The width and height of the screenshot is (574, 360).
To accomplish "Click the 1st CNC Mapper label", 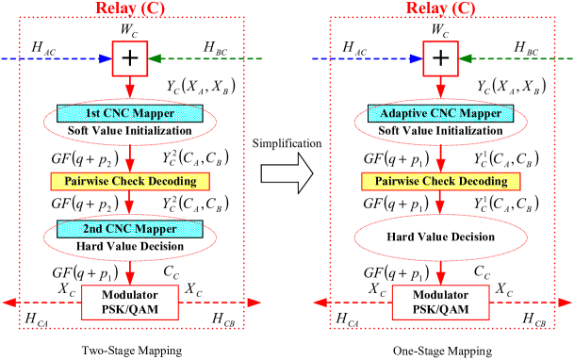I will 130,113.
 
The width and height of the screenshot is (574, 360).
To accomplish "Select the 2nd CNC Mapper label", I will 130,229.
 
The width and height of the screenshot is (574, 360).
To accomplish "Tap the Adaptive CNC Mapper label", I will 440,113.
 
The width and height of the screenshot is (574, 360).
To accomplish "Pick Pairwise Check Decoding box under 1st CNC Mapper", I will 130,181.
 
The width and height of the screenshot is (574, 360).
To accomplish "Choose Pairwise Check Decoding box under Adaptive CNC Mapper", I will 440,181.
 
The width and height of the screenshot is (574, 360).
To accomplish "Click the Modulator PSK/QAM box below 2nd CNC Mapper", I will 130,303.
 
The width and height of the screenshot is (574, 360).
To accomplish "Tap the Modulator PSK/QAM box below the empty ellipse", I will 440,303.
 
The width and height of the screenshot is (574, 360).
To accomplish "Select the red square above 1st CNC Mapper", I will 130,58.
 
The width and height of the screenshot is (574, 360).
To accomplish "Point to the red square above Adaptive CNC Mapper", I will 440,58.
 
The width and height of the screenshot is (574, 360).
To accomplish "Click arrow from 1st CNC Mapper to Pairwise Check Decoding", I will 130,156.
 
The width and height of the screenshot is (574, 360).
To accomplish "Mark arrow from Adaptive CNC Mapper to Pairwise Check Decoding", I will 440,156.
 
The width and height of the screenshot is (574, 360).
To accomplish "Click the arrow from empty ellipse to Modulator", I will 440,272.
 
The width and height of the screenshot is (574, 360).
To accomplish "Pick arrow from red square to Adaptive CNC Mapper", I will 440,87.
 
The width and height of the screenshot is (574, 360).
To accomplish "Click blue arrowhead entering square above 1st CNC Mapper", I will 106,58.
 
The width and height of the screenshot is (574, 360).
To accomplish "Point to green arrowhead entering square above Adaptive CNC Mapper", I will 466,58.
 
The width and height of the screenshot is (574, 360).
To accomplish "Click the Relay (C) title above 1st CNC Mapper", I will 130,8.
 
